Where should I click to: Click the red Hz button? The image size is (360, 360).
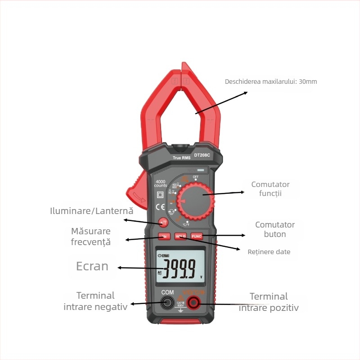(x=164, y=236)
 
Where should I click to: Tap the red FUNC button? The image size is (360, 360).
(x=197, y=236)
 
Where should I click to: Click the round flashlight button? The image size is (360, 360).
(x=163, y=222)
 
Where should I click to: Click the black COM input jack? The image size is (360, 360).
(x=167, y=303)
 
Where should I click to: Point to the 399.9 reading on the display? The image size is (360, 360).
(x=179, y=269)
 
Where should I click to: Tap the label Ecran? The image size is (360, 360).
(x=92, y=266)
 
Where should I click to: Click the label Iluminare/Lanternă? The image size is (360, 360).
(x=92, y=211)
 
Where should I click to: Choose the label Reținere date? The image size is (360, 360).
(x=269, y=252)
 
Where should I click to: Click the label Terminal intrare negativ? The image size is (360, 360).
(x=95, y=301)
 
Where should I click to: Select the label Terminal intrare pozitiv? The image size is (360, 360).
(x=269, y=302)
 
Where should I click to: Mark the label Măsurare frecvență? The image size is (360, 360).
(x=90, y=237)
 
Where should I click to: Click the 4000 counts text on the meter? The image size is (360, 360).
(x=160, y=183)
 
